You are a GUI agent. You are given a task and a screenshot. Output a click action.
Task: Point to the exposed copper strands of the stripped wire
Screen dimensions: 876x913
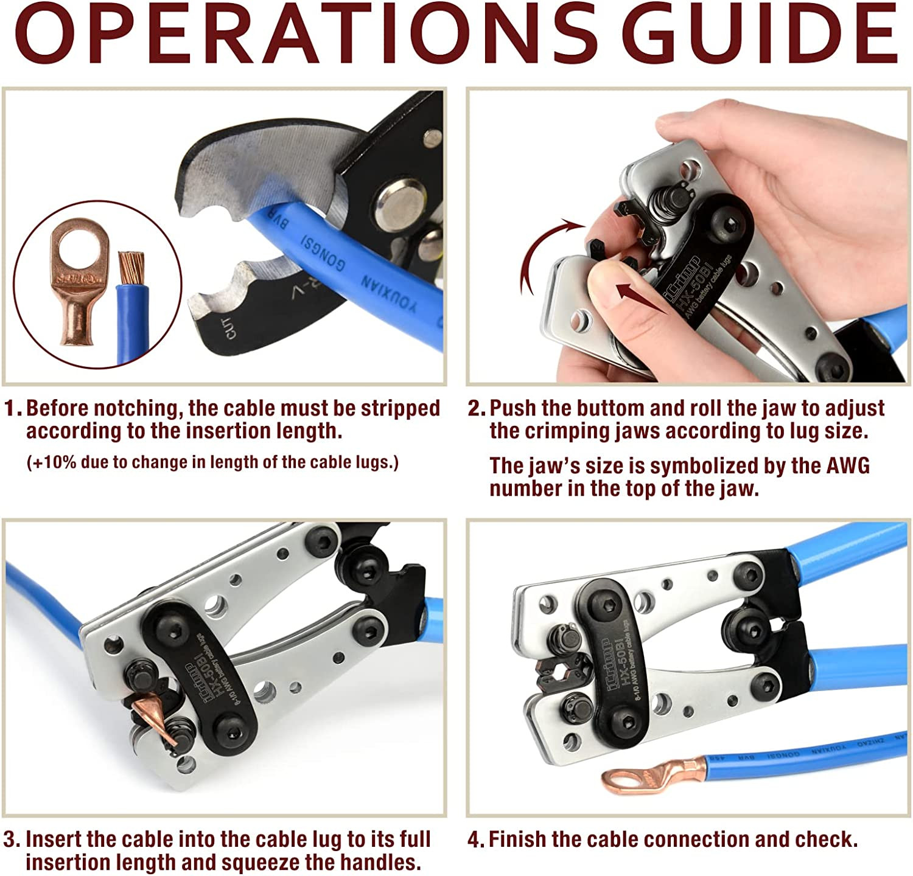click(132, 268)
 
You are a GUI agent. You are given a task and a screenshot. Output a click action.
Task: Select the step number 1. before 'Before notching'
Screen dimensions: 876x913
click(13, 408)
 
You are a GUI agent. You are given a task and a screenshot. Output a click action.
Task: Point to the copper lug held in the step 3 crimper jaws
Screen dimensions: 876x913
click(152, 715)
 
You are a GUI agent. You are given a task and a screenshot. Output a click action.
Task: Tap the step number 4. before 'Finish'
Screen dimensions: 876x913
click(476, 840)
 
